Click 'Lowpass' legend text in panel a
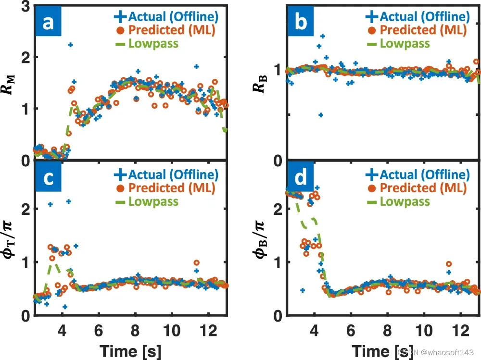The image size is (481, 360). pos(153,44)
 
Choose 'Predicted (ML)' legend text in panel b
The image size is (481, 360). pos(422,30)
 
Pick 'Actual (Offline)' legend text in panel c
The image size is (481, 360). pos(173,174)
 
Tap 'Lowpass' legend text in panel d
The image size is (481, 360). pos(405,201)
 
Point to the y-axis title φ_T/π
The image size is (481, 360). pos(11,238)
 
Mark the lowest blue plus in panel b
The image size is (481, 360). pos(320,115)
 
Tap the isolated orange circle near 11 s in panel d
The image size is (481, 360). pos(449,264)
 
